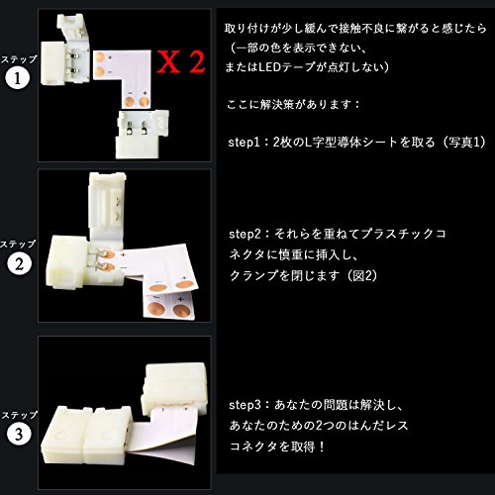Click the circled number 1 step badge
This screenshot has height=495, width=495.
pos(17,78)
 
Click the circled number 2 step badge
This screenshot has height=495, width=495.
pos(19,264)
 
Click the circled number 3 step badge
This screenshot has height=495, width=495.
pos(19,434)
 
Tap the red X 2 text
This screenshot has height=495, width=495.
pos(180,61)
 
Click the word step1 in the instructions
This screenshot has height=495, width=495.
pos(244,143)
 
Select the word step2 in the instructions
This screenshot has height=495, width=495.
pos(245,234)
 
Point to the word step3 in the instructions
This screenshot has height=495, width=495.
pos(245,405)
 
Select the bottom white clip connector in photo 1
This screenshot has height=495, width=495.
pos(142,134)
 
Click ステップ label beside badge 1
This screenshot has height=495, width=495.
pos(19,59)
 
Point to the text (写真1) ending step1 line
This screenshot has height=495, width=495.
pos(464,143)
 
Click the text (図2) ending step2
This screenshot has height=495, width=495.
pos(362,275)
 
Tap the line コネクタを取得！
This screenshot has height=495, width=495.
pos(277,446)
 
